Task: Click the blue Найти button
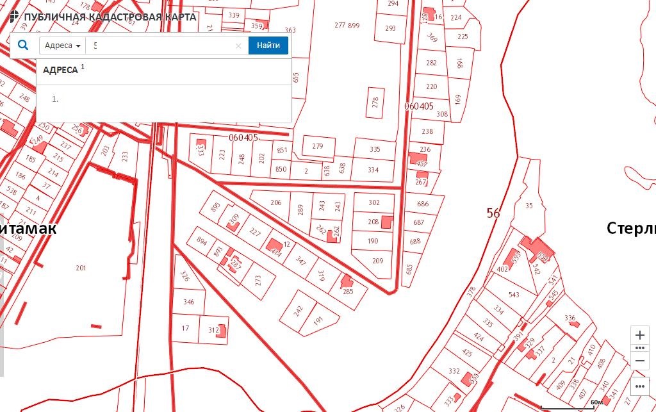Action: click(268, 45)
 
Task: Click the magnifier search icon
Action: click(23, 45)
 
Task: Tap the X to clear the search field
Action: click(238, 45)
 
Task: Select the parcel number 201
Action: click(81, 268)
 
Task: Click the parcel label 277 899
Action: click(347, 26)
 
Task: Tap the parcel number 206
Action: click(275, 202)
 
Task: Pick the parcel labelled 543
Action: click(514, 295)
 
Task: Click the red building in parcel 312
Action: click(222, 331)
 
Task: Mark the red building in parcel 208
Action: click(387, 222)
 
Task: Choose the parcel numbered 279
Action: click(318, 146)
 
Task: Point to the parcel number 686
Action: click(423, 204)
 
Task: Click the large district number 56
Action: click(493, 213)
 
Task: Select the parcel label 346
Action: click(188, 301)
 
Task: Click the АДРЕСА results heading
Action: click(60, 70)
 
